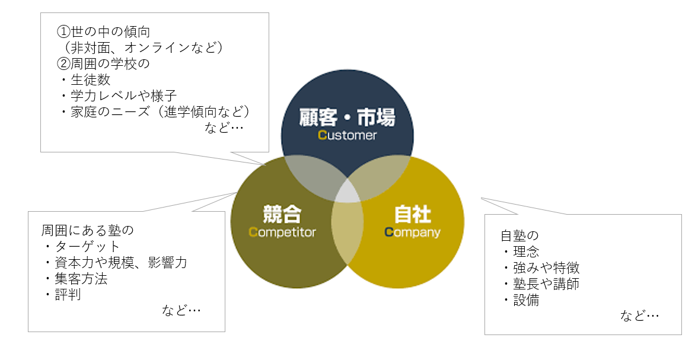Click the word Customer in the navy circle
pos(347,135)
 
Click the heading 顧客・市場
pos(347,117)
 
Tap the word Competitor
pos(282,232)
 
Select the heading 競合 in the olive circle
pos(282,214)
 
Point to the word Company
pos(412,232)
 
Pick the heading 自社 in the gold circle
pos(413,214)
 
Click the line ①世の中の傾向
pos(103,32)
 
